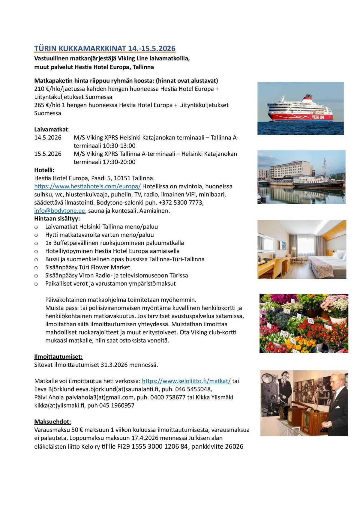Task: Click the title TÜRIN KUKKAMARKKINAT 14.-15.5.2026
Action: pos(105,49)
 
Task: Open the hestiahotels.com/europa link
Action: pos(87,186)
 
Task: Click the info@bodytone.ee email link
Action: pos(59,211)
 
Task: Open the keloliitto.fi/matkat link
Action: pos(186,381)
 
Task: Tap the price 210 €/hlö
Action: pos(51,89)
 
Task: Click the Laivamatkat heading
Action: pos(51,130)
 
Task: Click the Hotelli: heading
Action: pos(44,170)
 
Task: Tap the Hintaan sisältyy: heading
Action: pos(57,219)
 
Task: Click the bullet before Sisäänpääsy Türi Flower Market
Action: pos(36,268)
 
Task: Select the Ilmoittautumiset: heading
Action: pos(58,357)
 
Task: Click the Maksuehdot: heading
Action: pos(52,422)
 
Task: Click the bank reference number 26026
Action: pos(234,446)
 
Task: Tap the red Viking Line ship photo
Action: pos(300,108)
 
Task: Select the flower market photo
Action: pos(304,323)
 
